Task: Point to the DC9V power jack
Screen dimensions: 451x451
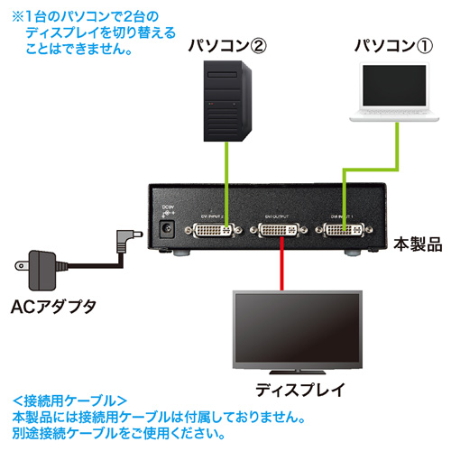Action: pyautogui.click(x=167, y=229)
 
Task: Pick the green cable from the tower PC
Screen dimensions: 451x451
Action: pyautogui.click(x=225, y=180)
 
